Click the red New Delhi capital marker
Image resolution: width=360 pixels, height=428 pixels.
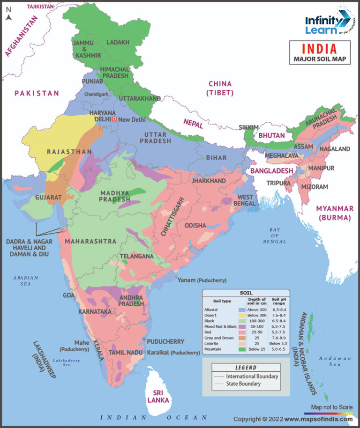pos(114,119)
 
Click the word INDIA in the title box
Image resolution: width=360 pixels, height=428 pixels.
pos(319,49)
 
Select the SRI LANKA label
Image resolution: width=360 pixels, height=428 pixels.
pos(158,396)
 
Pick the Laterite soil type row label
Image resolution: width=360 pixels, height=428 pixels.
pos(211,343)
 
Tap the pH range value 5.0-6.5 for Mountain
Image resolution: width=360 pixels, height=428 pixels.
pos(276,349)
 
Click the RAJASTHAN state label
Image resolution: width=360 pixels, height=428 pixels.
pos(69,152)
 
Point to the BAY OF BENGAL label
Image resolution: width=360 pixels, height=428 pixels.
pos(274,235)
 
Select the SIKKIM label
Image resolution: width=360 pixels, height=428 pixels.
pos(248,127)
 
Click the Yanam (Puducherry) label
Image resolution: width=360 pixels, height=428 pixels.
pos(202,280)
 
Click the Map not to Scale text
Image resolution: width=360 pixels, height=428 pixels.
pos(331,407)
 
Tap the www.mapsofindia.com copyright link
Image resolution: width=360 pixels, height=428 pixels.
pos(318,419)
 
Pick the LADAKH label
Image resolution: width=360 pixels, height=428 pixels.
pos(118,42)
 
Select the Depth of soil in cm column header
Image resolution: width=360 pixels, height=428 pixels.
pos(256,301)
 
